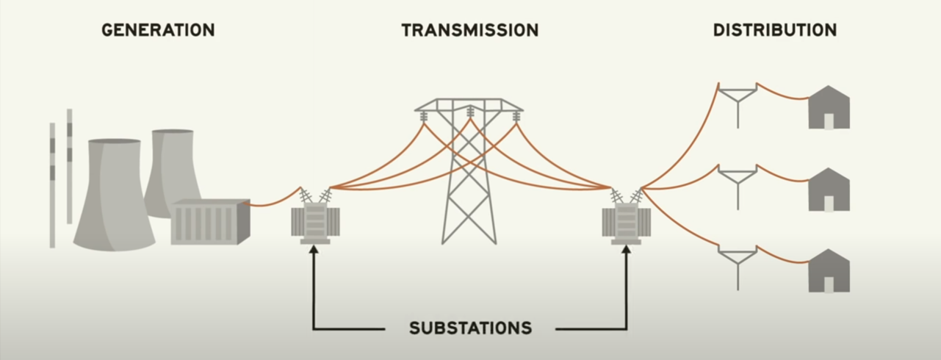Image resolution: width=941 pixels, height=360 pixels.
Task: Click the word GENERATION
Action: [x=158, y=30]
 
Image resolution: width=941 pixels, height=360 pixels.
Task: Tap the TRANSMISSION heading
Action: [x=469, y=30]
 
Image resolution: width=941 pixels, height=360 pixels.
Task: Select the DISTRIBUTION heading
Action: [x=775, y=30]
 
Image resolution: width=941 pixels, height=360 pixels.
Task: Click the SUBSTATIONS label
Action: [x=470, y=328]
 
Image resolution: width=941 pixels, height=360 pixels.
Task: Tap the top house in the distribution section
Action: [x=829, y=109]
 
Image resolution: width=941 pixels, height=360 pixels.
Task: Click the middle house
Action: [x=829, y=190]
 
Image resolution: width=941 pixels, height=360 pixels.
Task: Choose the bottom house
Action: [x=829, y=271]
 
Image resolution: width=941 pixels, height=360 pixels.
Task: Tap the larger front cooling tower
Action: [x=114, y=195]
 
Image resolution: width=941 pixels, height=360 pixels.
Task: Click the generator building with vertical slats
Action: [x=209, y=222]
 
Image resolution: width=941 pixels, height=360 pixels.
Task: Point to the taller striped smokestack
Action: [x=70, y=165]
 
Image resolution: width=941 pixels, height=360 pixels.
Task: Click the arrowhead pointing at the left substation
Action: [x=314, y=251]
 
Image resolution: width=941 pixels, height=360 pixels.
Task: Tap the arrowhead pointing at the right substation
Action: [x=627, y=251]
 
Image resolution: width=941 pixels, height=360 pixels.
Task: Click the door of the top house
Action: [x=829, y=121]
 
